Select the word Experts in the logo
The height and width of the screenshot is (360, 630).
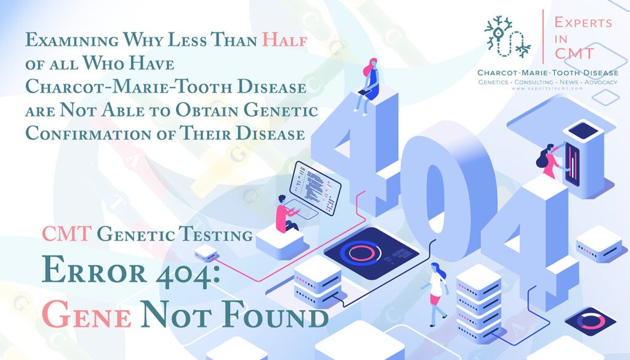583,23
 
